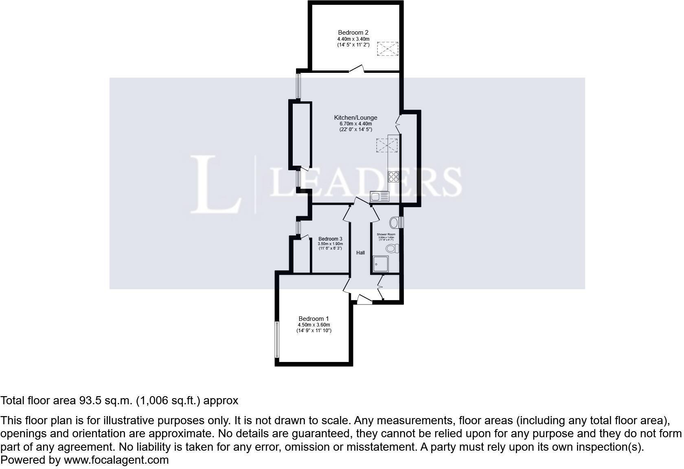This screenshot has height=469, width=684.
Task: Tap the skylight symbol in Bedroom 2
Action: (387, 49)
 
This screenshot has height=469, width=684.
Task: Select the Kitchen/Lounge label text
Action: (355, 118)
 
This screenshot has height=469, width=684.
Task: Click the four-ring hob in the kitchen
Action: (394, 177)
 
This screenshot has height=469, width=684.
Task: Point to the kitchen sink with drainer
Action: (379, 197)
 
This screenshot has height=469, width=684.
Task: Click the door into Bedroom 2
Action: (356, 69)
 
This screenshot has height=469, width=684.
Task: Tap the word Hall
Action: (360, 253)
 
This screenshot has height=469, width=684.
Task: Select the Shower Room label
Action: (386, 234)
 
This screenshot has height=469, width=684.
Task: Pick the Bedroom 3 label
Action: (330, 239)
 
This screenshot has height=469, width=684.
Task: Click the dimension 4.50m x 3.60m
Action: (313, 325)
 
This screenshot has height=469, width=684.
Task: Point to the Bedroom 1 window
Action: (277, 340)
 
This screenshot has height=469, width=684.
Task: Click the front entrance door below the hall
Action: (364, 300)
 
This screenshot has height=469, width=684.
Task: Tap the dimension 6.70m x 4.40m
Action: (355, 124)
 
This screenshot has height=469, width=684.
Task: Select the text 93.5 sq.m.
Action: (105, 401)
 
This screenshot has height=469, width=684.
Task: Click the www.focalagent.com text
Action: (116, 460)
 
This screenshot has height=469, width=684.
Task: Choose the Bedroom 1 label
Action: (313, 319)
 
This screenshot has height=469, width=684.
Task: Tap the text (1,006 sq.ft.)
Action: (168, 401)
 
